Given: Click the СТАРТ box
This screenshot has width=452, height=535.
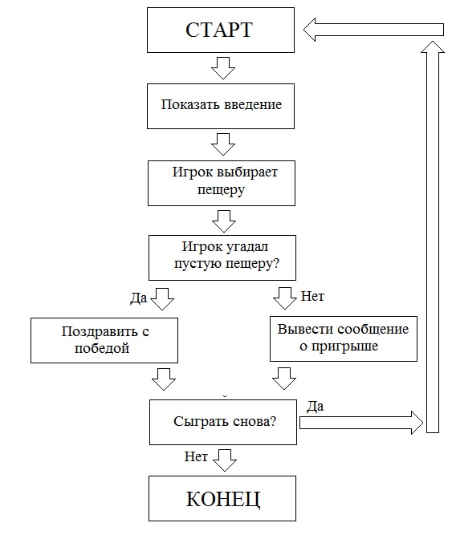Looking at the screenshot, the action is pyautogui.click(x=221, y=30).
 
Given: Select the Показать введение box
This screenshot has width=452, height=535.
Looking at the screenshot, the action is pyautogui.click(x=221, y=106).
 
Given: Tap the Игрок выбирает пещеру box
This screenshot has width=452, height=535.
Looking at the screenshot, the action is pyautogui.click(x=222, y=183).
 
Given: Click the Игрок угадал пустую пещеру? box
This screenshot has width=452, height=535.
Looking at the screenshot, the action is pyautogui.click(x=222, y=257).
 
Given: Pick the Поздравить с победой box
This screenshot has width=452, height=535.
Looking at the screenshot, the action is pyautogui.click(x=104, y=341).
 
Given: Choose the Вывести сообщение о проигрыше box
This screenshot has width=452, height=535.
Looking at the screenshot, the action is pyautogui.click(x=344, y=338).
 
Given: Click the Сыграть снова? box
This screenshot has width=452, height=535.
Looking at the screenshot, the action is pyautogui.click(x=223, y=422).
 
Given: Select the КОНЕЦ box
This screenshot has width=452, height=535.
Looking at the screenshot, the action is pyautogui.click(x=222, y=498).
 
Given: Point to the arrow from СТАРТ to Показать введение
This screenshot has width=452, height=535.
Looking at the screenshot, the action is pyautogui.click(x=223, y=68).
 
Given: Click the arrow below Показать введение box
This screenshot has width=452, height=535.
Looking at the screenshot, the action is pyautogui.click(x=223, y=144).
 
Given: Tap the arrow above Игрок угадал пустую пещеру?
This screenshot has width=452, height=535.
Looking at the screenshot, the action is pyautogui.click(x=224, y=221).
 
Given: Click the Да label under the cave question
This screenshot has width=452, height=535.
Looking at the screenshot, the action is pyautogui.click(x=139, y=298).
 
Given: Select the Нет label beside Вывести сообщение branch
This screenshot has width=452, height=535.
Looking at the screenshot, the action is pyautogui.click(x=312, y=296).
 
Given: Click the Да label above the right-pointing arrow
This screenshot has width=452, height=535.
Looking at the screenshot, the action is pyautogui.click(x=315, y=406).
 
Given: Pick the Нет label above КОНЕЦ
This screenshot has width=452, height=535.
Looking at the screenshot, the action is pyautogui.click(x=196, y=456).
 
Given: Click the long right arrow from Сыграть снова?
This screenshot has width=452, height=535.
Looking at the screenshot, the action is pyautogui.click(x=361, y=423).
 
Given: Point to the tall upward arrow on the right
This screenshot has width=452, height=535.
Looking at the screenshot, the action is pyautogui.click(x=433, y=237).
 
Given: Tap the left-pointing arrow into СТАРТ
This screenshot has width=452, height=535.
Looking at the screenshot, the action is pyautogui.click(x=373, y=30).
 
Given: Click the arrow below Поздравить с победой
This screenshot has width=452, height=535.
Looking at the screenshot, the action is pyautogui.click(x=164, y=379).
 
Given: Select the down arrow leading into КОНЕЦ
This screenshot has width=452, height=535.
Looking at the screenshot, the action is pyautogui.click(x=224, y=460).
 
